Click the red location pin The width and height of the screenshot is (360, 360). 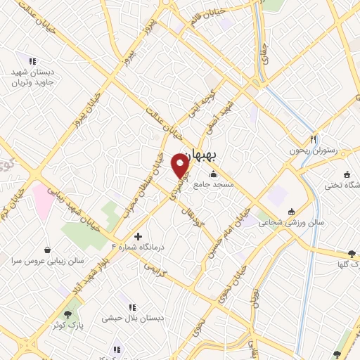coord(181,165)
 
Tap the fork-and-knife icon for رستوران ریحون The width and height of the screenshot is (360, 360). coord(314,139)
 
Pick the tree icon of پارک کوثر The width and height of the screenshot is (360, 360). coord(67,315)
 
